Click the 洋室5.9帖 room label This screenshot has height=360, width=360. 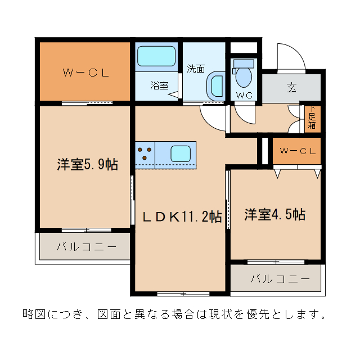tap(87, 165)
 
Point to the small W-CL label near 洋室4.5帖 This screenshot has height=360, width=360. tap(298, 151)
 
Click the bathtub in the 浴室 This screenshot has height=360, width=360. tap(157, 57)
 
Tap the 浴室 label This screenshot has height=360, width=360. tap(159, 85)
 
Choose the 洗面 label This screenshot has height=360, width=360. tap(196, 69)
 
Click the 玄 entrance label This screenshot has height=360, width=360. tap(291, 88)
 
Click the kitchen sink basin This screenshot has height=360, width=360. tap(181, 152)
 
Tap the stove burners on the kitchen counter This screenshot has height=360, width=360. tap(145, 154)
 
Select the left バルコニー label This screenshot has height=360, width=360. tap(86, 246)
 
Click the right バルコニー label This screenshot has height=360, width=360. tap(280, 278)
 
